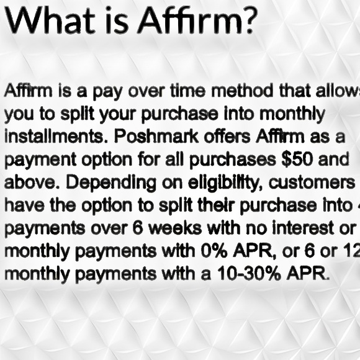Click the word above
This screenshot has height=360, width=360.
tap(25, 181)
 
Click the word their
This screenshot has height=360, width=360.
tap(219, 204)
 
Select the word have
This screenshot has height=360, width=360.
tap(18, 204)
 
